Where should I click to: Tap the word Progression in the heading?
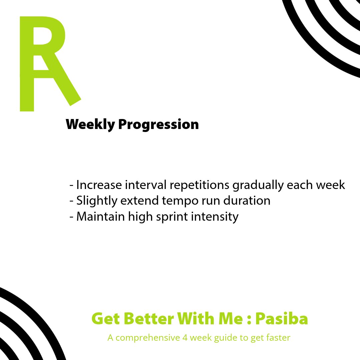(158, 125)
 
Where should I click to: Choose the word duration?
(246, 201)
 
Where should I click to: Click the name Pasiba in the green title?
(282, 319)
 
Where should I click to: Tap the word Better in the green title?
(146, 319)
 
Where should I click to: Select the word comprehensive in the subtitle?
(148, 338)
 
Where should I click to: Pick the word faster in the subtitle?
(278, 338)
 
